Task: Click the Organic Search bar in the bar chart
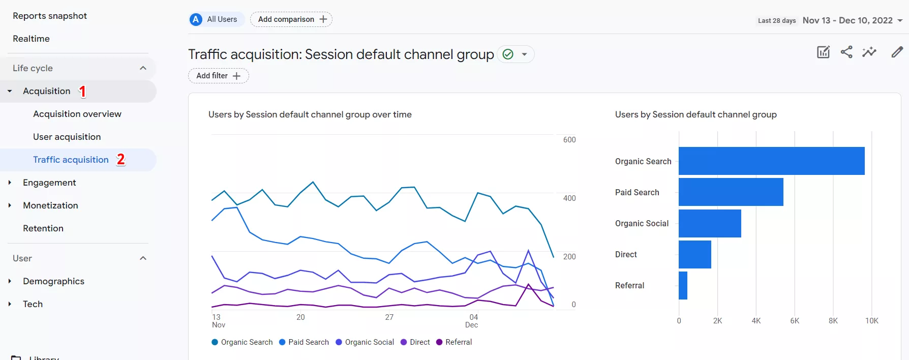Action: [771, 161]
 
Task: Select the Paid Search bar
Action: [731, 192]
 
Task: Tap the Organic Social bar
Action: [710, 223]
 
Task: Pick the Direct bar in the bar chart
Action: [694, 254]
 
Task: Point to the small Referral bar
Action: [683, 285]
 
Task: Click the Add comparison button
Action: [291, 19]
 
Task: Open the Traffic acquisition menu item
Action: [71, 160]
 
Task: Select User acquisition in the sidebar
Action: [67, 137]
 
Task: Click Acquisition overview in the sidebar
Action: [77, 114]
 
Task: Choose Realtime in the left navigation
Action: [31, 39]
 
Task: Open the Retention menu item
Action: [43, 228]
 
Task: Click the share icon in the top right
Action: [846, 52]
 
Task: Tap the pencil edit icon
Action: [897, 52]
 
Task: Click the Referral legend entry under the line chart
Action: [454, 342]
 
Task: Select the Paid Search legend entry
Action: [304, 342]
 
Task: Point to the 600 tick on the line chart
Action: [569, 140]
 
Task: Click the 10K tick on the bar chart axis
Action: [871, 321]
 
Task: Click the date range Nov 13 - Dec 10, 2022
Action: [847, 20]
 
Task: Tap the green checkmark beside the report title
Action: [507, 54]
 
